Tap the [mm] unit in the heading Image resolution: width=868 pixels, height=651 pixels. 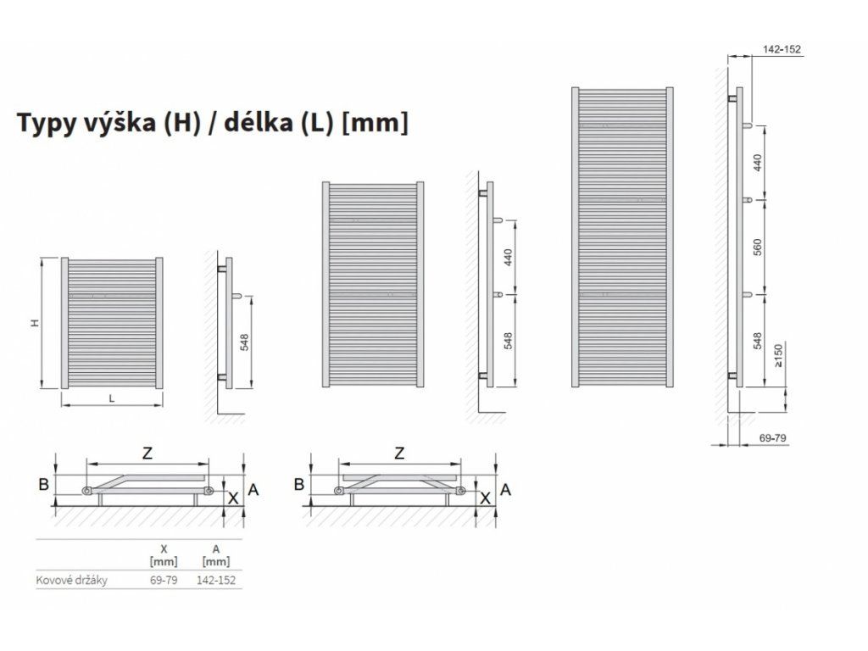point(376,122)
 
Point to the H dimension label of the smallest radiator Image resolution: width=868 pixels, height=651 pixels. point(35,322)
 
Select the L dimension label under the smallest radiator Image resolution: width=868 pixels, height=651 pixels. point(112,398)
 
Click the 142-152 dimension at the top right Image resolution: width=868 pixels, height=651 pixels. point(782,49)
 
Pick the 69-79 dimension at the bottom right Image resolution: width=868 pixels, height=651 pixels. point(772,437)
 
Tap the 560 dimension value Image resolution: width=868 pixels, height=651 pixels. point(758,247)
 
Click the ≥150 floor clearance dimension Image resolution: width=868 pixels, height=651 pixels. point(778,356)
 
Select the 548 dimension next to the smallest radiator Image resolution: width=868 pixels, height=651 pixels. point(244,342)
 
